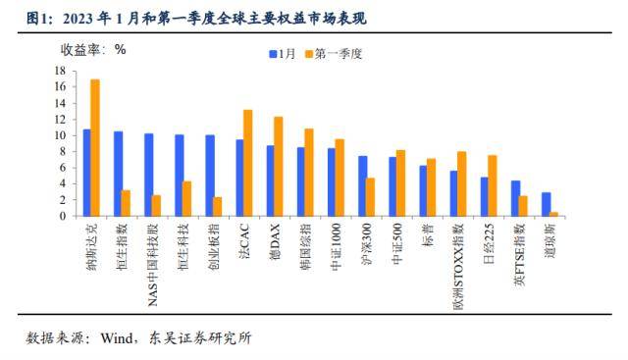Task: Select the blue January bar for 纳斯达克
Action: [86, 172]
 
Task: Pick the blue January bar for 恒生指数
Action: [118, 174]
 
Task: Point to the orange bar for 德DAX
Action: [279, 166]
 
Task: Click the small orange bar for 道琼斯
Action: [554, 213]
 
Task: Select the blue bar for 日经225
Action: [484, 196]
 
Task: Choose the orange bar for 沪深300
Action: [370, 196]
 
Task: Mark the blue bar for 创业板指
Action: [209, 175]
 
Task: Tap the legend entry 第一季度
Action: [334, 55]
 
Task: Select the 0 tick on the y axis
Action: [62, 216]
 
